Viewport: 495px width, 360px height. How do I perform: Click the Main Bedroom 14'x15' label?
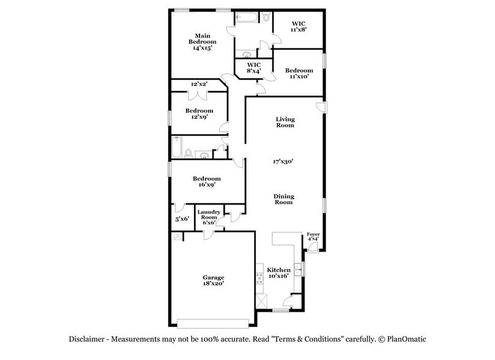[x=203, y=41]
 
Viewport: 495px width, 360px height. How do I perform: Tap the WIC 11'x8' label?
[x=298, y=26]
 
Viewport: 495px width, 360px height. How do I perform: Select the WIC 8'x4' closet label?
[x=254, y=67]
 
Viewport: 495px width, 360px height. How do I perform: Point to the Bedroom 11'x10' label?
[x=299, y=73]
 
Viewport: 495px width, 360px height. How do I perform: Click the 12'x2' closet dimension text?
[x=199, y=84]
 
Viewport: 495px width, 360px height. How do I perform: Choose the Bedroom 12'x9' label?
[x=199, y=114]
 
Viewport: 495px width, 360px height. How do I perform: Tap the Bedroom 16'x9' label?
[x=206, y=181]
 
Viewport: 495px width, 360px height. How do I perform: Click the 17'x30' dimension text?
[x=284, y=162]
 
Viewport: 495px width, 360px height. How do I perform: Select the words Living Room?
[x=285, y=122]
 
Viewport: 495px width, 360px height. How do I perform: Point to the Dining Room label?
[x=284, y=199]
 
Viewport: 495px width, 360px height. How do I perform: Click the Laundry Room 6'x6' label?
[x=208, y=217]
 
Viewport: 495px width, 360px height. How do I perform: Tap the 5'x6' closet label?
[x=182, y=219]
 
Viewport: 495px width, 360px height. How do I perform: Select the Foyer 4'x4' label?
[x=313, y=236]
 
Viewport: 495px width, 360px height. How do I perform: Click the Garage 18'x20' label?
[x=214, y=280]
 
